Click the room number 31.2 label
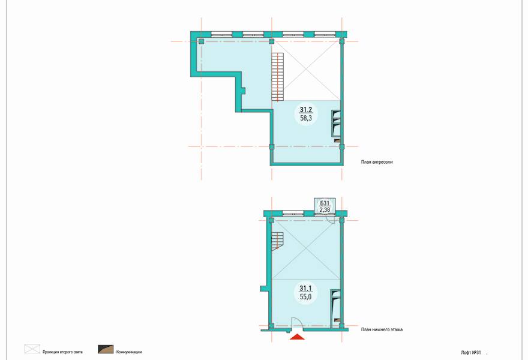pos(306,109)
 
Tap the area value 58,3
pos(306,118)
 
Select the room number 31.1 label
pos(306,288)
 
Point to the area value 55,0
pos(306,296)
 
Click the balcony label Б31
pos(325,203)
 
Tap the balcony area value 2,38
pos(325,210)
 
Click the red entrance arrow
pos(297,337)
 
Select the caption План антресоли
pos(377,162)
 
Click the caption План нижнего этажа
pos(382,329)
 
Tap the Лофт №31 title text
pos(471,353)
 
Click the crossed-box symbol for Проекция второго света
pos(32,349)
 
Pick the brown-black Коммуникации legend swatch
pos(106,349)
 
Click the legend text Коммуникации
pos(129,352)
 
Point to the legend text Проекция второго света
pos(62,352)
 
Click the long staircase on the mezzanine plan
pos(277,77)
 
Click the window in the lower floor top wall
pos(293,213)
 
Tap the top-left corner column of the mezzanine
pos(201,41)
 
